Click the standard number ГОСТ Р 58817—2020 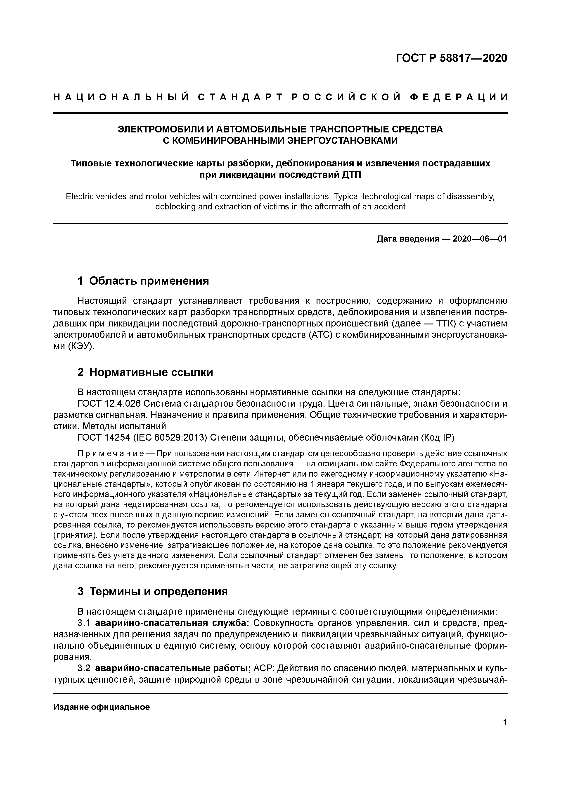pyautogui.click(x=452, y=58)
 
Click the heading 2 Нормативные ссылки pyautogui.click(x=145, y=372)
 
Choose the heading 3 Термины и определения pyautogui.click(x=153, y=592)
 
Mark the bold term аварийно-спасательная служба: pyautogui.click(x=173, y=624)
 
